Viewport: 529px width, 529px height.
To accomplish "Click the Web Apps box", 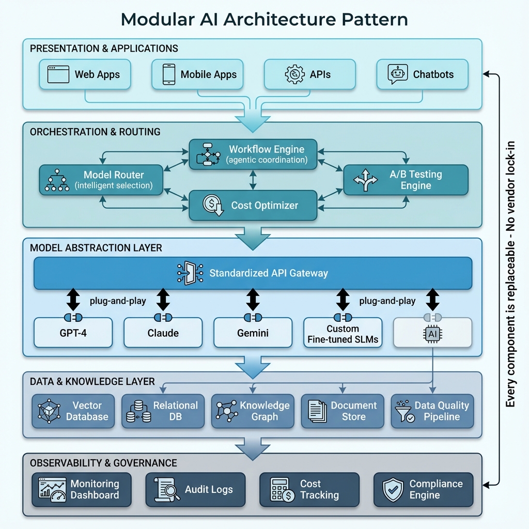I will click(x=85, y=74).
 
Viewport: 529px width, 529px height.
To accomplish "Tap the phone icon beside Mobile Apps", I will click(x=168, y=74).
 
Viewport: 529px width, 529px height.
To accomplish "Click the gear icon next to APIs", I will click(x=294, y=74).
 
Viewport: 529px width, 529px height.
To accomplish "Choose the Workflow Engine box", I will click(x=253, y=154).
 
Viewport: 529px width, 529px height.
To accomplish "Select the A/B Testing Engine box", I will click(x=406, y=180).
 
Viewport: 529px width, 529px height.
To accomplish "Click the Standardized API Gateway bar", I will click(x=253, y=273).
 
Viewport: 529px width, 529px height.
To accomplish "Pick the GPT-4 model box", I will click(x=73, y=333).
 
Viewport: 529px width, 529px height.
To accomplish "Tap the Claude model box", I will click(x=163, y=333).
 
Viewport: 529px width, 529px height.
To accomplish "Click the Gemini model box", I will click(x=253, y=333).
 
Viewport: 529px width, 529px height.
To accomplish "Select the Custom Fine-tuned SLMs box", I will click(x=343, y=333).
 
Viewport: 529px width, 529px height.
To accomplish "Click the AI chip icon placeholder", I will click(x=432, y=334).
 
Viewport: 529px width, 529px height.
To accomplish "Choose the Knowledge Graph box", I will click(x=253, y=411).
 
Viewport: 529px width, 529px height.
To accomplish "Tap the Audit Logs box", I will click(x=195, y=489).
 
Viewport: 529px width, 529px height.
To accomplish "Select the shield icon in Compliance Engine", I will click(x=393, y=490).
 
